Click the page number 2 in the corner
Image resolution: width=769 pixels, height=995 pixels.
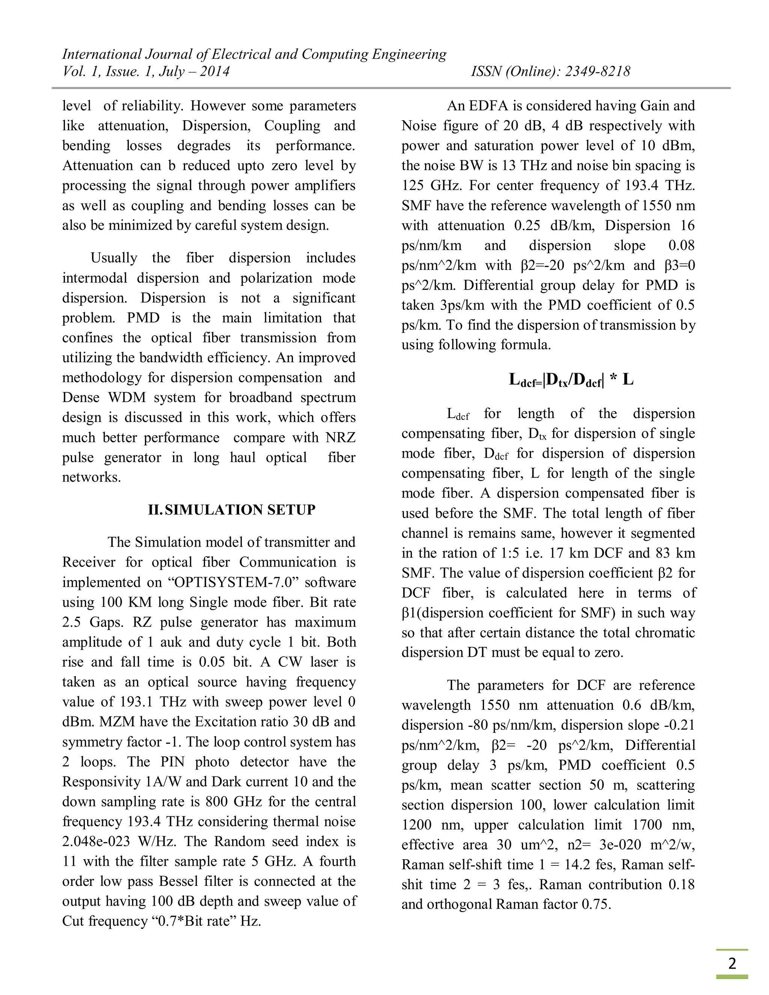(732, 963)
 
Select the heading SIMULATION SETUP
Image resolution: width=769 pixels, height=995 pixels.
(240, 510)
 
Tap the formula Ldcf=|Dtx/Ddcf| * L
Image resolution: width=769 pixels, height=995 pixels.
(571, 380)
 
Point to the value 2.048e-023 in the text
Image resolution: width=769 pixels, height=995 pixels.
(96, 841)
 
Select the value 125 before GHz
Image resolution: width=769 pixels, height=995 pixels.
(413, 185)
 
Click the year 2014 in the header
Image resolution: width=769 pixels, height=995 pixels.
(214, 71)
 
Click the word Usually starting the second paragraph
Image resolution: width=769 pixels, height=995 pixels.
(114, 258)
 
